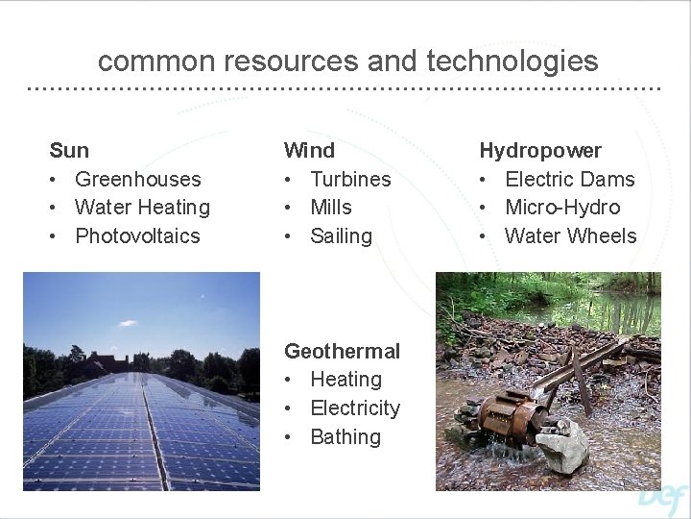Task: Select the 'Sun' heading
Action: click(x=69, y=150)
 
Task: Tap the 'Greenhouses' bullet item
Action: click(x=137, y=179)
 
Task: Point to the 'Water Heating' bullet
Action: click(x=142, y=207)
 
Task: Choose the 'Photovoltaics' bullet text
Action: click(x=137, y=235)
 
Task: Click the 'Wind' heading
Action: click(x=309, y=150)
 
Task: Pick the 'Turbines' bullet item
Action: click(x=350, y=179)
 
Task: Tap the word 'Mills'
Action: click(x=331, y=207)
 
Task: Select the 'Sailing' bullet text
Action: click(x=341, y=235)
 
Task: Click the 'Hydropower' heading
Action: click(x=540, y=150)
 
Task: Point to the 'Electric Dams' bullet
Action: click(x=569, y=179)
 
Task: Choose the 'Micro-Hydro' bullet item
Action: click(x=562, y=207)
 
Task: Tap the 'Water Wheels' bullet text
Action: click(x=570, y=235)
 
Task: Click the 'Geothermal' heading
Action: click(x=342, y=351)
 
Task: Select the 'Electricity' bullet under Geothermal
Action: click(x=355, y=408)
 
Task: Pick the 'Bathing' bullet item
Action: click(x=345, y=436)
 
